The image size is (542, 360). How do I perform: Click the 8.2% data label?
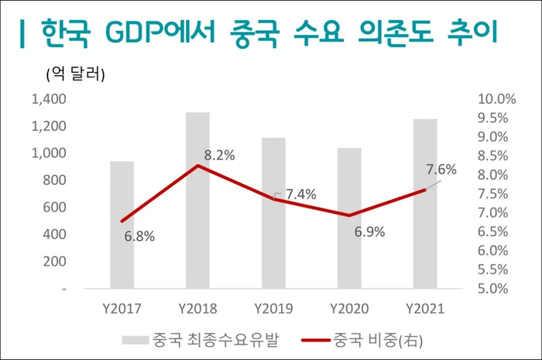(219, 155)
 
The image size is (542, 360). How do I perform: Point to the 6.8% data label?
(139, 236)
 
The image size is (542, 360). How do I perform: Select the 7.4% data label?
(300, 195)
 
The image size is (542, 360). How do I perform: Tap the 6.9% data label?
(370, 231)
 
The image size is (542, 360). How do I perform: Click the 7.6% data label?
(441, 170)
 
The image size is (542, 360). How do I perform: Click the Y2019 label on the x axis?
(273, 308)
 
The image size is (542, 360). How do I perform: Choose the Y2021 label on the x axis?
(424, 308)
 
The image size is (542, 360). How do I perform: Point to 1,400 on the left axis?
(48, 99)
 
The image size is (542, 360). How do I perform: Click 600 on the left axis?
(53, 207)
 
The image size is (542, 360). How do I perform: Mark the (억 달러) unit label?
(71, 75)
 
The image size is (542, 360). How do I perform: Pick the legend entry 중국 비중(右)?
(379, 339)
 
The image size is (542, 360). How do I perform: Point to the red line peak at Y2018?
(197, 166)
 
